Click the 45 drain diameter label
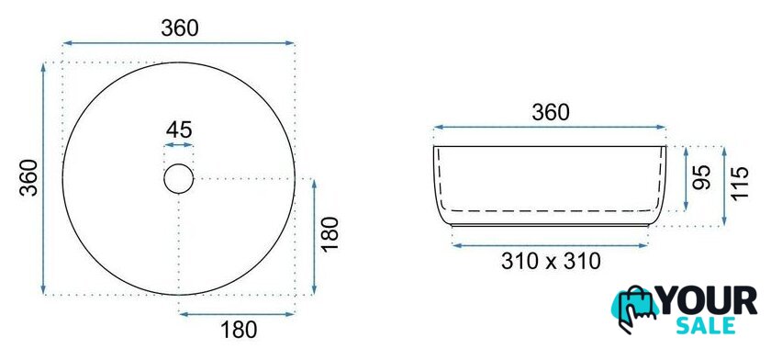pyautogui.click(x=179, y=130)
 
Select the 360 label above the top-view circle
pyautogui.click(x=180, y=28)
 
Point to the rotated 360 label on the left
pyautogui.click(x=29, y=178)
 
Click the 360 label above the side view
pyautogui.click(x=550, y=113)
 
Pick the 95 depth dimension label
pyautogui.click(x=701, y=178)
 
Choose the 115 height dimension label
pyautogui.click(x=740, y=183)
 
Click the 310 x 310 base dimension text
pyautogui.click(x=551, y=261)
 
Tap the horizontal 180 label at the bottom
pyautogui.click(x=239, y=330)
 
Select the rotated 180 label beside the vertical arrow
pyautogui.click(x=330, y=233)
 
